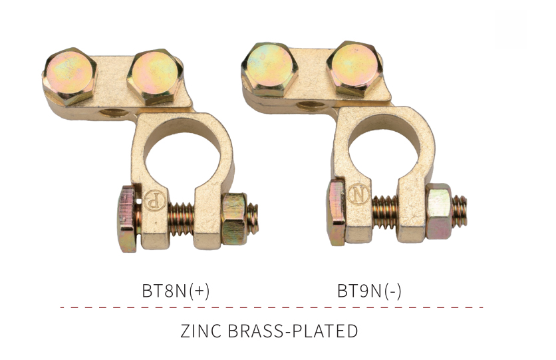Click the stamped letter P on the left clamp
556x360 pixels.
(x=154, y=201)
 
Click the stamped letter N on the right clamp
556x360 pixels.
(x=358, y=194)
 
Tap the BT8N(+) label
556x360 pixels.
(x=176, y=291)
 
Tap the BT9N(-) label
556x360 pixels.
(x=369, y=291)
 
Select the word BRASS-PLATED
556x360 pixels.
(x=293, y=331)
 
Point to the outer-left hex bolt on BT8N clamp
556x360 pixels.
(x=69, y=76)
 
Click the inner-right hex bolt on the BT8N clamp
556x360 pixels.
(x=155, y=77)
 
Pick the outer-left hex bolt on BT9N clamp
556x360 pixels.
(x=269, y=69)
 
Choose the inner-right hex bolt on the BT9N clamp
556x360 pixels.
(x=354, y=69)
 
